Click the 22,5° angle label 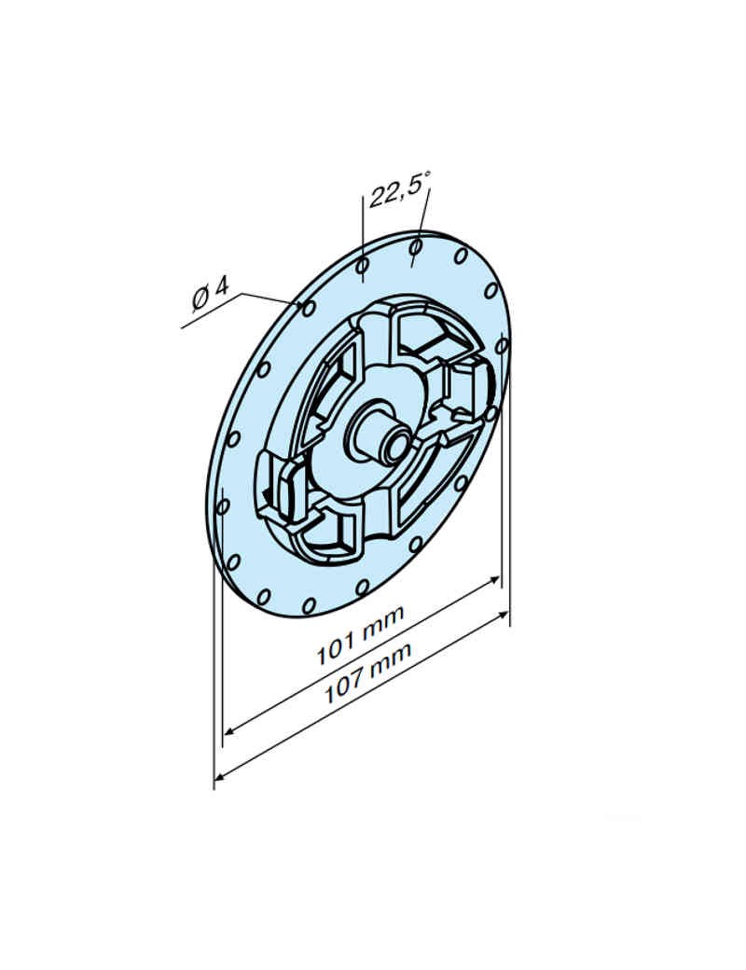[x=399, y=193]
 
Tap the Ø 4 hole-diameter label [x=210, y=293]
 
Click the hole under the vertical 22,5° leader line [x=363, y=267]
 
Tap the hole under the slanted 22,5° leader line [x=416, y=248]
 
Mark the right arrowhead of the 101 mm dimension [x=496, y=581]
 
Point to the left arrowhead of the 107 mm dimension [x=221, y=773]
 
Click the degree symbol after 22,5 [x=428, y=177]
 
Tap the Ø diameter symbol [x=200, y=298]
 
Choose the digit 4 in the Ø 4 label [x=221, y=286]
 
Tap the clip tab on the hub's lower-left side [x=283, y=485]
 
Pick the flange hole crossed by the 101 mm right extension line [x=502, y=345]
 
